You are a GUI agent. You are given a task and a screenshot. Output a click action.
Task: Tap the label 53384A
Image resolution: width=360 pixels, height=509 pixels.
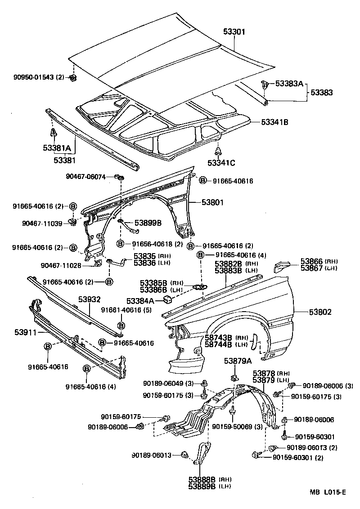pos(140,300)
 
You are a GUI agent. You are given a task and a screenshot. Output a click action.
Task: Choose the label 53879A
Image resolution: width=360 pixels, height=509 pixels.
pos(236,361)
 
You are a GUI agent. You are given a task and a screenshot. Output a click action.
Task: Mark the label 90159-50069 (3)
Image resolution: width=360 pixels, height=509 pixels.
pos(237,426)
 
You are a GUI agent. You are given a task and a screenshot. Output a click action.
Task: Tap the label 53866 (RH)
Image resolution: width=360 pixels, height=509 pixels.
pos(312,261)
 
